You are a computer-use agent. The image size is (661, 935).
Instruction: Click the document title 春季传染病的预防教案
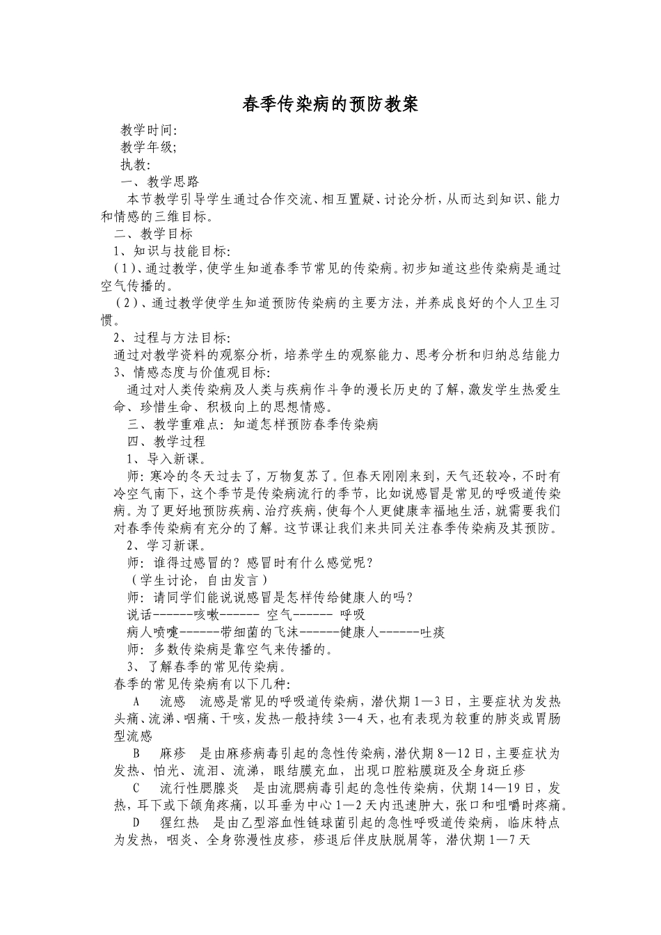click(330, 104)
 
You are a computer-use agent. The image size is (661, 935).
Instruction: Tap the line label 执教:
click(136, 165)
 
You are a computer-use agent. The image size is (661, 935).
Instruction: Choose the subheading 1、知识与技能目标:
click(173, 251)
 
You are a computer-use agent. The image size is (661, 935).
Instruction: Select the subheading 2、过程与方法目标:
click(173, 338)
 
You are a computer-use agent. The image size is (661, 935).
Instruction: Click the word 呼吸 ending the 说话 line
click(353, 615)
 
